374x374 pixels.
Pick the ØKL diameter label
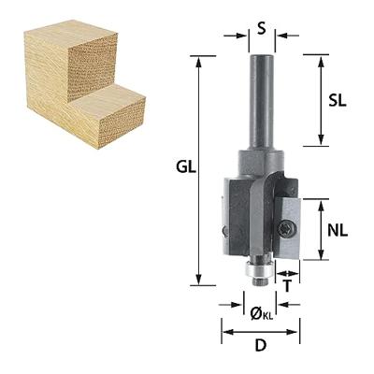coord(260,312)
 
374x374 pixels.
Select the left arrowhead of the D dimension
coord(225,331)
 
